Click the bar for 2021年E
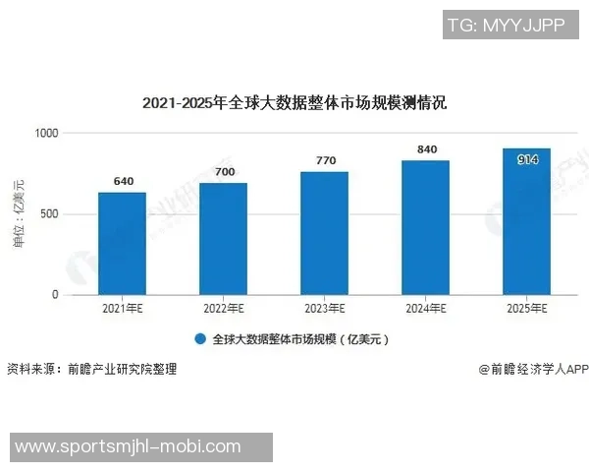coord(122,243)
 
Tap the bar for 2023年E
coord(324,233)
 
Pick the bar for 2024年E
coord(425,227)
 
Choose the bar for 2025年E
coord(526,221)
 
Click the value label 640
coord(124,181)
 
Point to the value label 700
coord(225,172)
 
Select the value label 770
coord(326,160)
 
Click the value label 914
coord(527,159)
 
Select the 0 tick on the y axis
coord(55,295)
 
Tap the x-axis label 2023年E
coord(324,309)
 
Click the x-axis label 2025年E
coord(526,309)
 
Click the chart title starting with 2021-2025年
coord(294,102)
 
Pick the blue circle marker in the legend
coord(199,339)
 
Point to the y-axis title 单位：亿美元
coord(17,213)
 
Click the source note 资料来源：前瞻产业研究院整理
coord(92,370)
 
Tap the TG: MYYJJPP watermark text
coord(506,25)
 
